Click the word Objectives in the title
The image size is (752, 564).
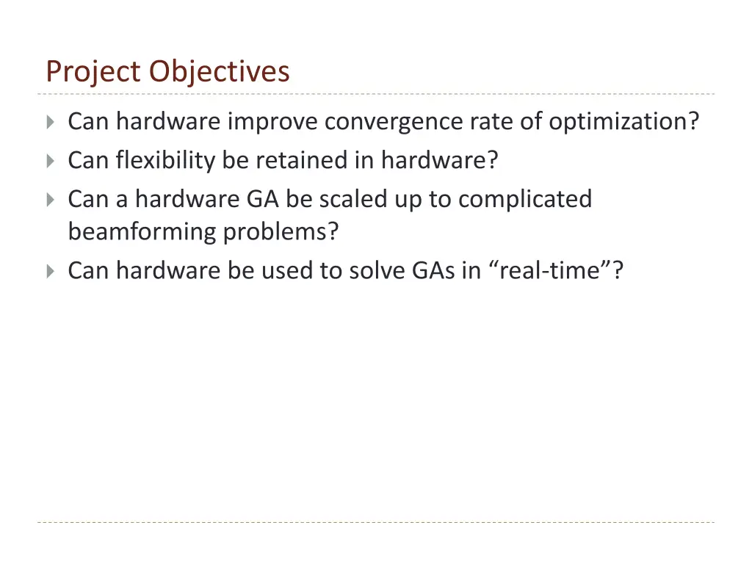point(220,72)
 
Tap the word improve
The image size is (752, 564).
point(274,121)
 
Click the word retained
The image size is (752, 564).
point(301,159)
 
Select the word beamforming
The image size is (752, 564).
point(142,232)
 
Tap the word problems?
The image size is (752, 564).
point(281,232)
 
